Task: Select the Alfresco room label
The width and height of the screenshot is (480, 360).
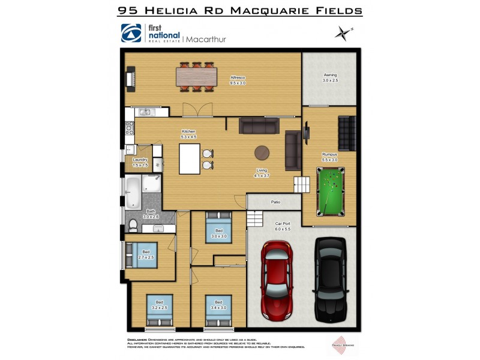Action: (238, 80)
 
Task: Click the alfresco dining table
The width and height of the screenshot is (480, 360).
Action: (196, 77)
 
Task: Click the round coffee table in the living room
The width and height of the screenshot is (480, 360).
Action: (262, 152)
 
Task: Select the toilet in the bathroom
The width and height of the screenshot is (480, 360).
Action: (133, 226)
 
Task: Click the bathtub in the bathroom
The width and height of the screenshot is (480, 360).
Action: (133, 191)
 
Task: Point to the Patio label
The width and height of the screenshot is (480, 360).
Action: (275, 202)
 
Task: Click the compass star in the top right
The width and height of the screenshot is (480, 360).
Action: (344, 32)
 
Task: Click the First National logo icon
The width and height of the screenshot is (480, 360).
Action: (131, 34)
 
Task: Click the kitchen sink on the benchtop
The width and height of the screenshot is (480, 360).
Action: (146, 112)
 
